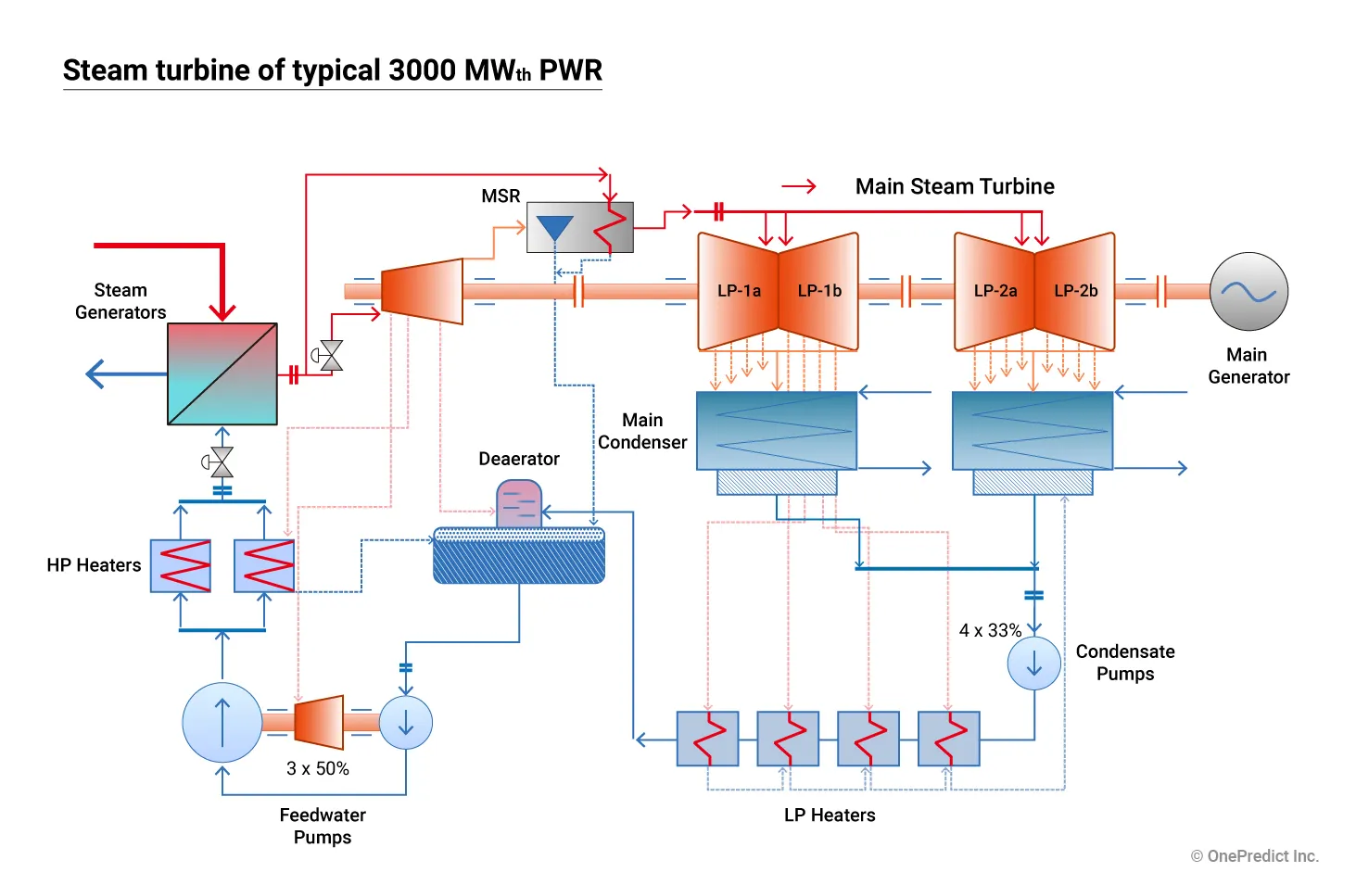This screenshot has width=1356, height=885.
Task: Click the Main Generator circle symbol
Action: [x=1248, y=292]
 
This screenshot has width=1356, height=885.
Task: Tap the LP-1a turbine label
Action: [x=739, y=291]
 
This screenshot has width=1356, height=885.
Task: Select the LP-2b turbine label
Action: [x=1075, y=291]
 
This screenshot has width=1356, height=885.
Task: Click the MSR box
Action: [x=580, y=228]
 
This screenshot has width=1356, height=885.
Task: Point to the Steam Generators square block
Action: [x=222, y=373]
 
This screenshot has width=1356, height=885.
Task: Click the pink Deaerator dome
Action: [x=519, y=503]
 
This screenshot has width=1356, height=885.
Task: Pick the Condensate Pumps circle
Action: [x=1033, y=664]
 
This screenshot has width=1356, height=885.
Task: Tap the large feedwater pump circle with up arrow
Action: [x=222, y=723]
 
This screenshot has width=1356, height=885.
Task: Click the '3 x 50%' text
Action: [x=318, y=768]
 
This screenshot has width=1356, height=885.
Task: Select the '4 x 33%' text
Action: [x=990, y=630]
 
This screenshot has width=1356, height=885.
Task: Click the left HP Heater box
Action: [x=181, y=565]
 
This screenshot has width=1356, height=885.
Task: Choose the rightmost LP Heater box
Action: [x=948, y=739]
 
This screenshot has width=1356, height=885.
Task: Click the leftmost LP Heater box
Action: [x=707, y=739]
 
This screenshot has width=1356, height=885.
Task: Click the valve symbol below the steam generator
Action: [x=222, y=461]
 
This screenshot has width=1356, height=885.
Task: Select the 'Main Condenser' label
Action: [x=642, y=431]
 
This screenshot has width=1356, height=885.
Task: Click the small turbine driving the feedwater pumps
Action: [x=320, y=723]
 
